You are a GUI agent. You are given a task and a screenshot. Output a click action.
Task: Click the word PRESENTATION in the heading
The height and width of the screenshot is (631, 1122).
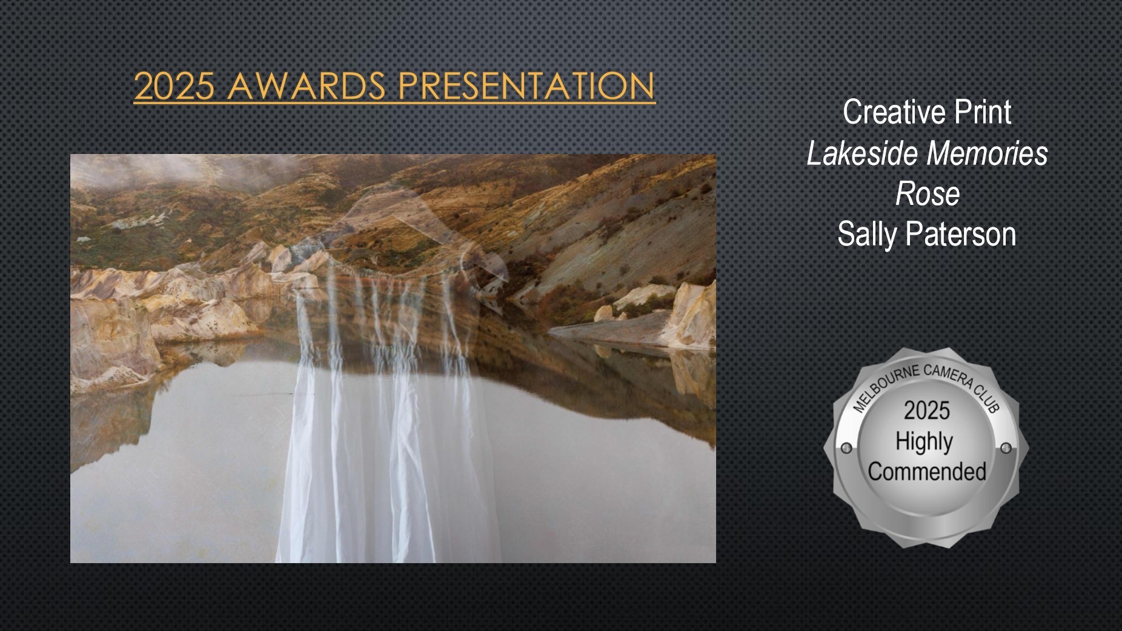click(526, 85)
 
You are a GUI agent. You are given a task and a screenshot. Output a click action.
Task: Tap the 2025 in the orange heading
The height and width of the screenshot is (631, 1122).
click(174, 85)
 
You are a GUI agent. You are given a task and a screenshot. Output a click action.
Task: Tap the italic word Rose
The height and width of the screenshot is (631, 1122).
click(928, 195)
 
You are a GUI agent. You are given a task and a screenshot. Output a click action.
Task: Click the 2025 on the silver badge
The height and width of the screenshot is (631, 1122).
click(927, 411)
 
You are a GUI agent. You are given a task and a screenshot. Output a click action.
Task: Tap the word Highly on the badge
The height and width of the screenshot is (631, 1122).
click(924, 442)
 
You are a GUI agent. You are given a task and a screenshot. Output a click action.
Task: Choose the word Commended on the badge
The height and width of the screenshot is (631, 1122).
click(927, 472)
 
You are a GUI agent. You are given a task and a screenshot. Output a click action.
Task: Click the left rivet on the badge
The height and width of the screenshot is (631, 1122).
click(846, 448)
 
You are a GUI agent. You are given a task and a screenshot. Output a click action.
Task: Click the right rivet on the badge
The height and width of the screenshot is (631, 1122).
click(1006, 448)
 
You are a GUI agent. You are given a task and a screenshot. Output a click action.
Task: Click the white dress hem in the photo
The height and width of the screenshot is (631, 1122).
click(388, 555)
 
